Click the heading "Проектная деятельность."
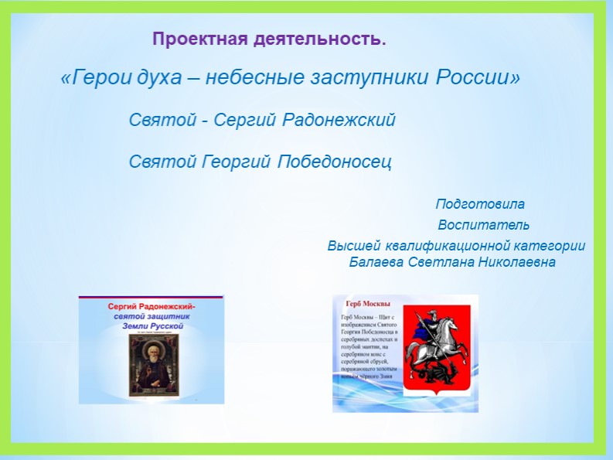268,39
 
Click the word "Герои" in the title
94,79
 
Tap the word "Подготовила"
480,205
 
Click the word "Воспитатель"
483,226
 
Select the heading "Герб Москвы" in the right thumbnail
368,304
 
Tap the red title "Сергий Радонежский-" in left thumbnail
150,306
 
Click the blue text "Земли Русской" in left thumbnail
151,326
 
